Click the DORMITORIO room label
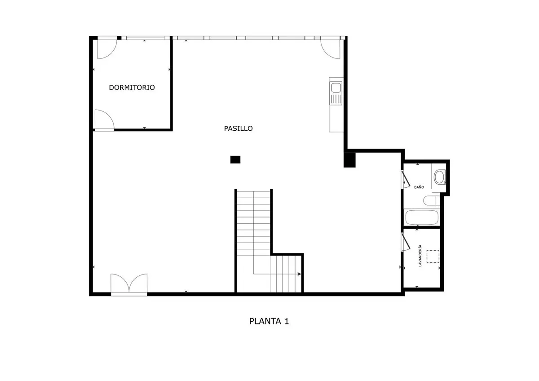(x=132, y=87)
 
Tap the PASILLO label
(x=238, y=128)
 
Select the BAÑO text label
(x=419, y=187)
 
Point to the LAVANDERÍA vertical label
(x=420, y=256)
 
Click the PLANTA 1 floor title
(x=269, y=321)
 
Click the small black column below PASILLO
(x=235, y=159)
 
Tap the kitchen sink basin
(x=336, y=88)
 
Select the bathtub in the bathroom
(x=422, y=217)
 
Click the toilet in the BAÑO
(x=432, y=200)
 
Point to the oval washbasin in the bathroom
(x=439, y=177)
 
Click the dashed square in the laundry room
(x=433, y=257)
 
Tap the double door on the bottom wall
(x=129, y=284)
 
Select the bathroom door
(x=406, y=179)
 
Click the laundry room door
(x=406, y=242)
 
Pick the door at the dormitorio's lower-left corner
(x=104, y=120)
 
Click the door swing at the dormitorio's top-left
(x=107, y=49)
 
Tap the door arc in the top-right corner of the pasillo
(x=331, y=49)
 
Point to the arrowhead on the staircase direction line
(x=299, y=274)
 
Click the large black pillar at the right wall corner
(x=349, y=160)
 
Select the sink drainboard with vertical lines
(x=336, y=99)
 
